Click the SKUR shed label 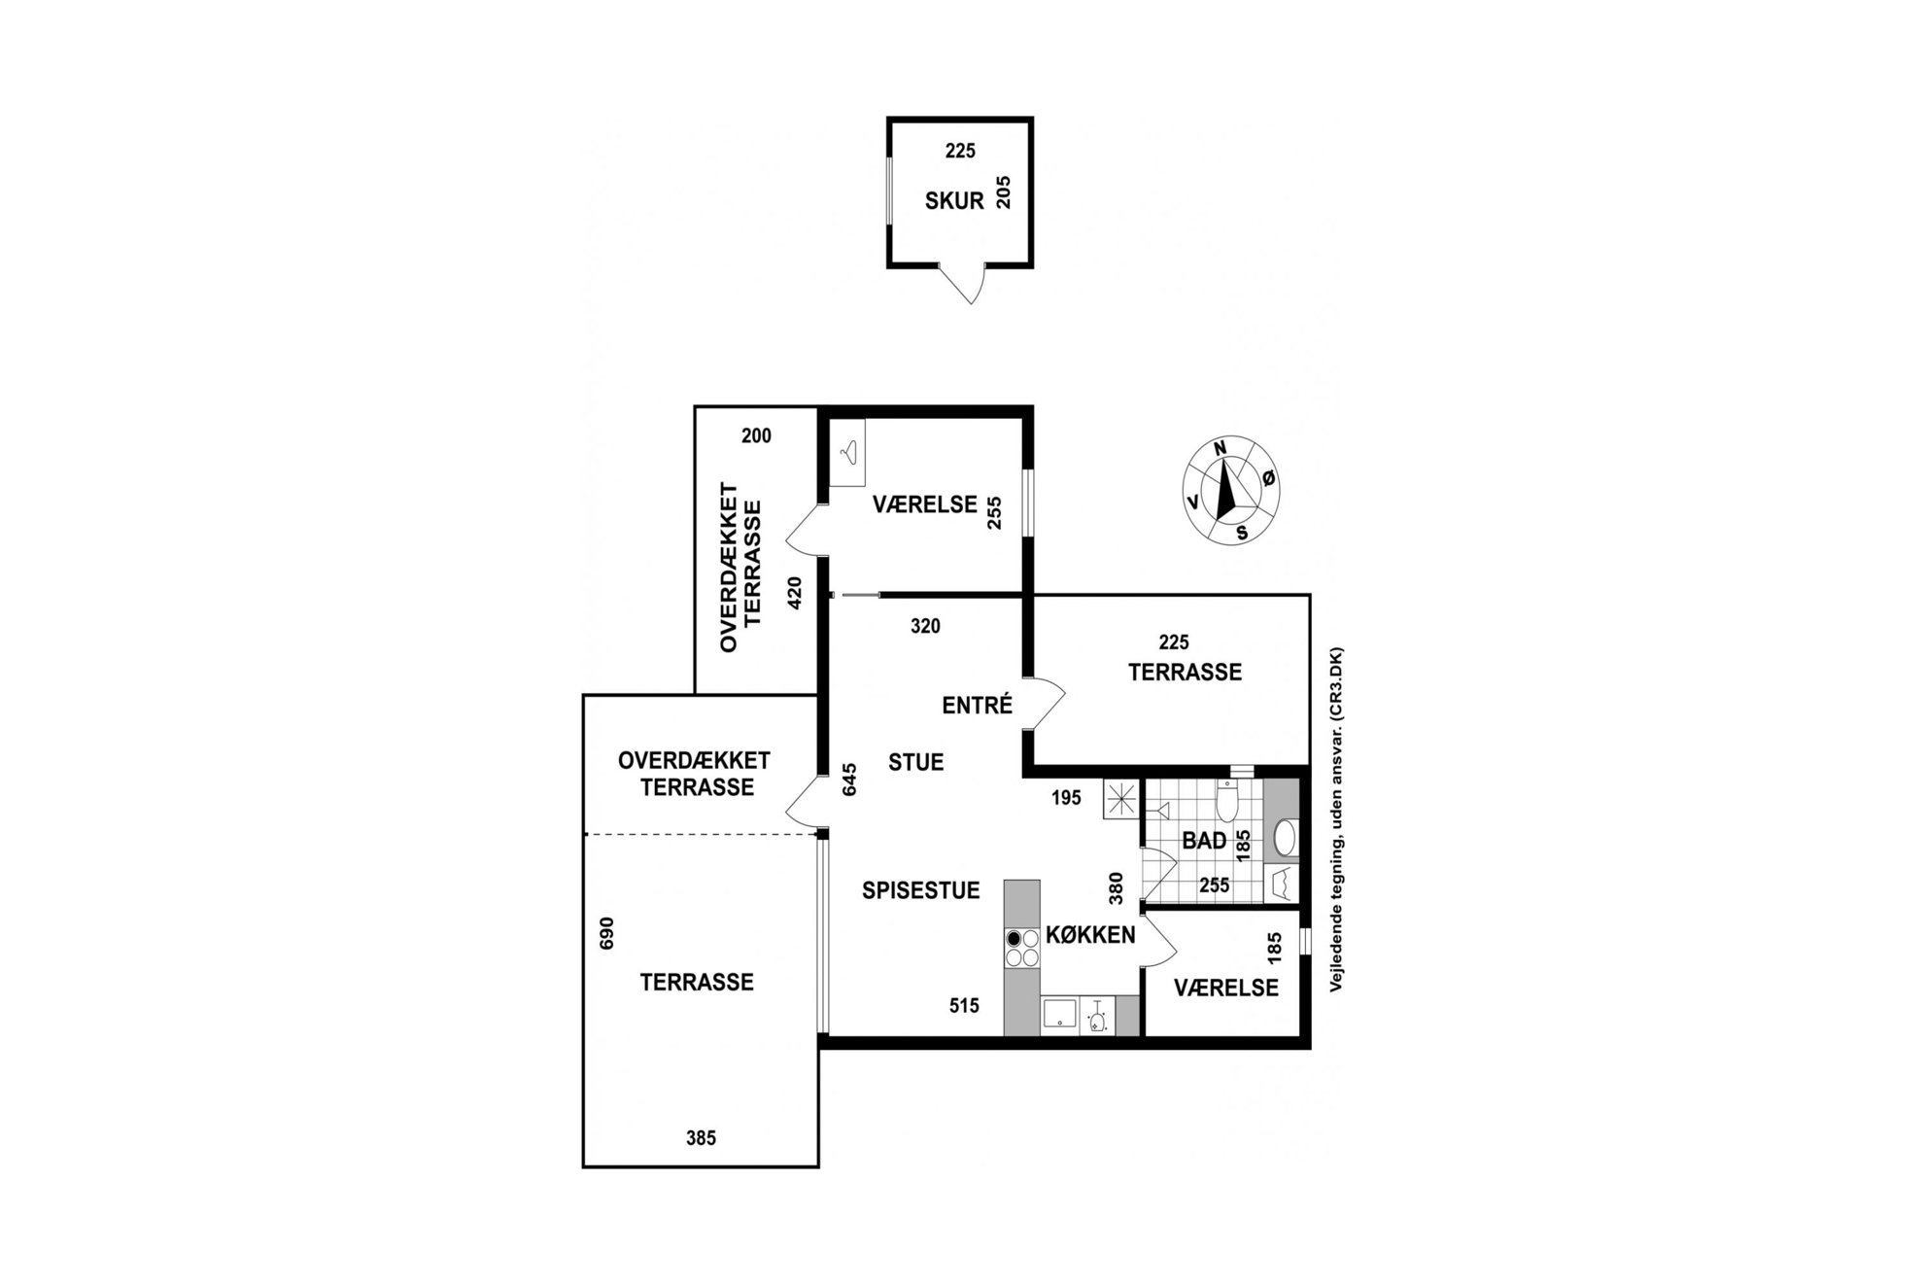[x=954, y=201]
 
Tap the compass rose [x=1230, y=490]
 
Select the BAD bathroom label [x=1204, y=841]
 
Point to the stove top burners [x=1021, y=949]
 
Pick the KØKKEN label [x=1090, y=935]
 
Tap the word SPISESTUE [x=920, y=890]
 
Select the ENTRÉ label [x=977, y=706]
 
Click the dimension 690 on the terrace [x=607, y=933]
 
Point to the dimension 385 [x=701, y=1137]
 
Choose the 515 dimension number [x=964, y=1006]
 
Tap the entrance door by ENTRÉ [x=1046, y=703]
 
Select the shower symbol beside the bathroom [x=1120, y=800]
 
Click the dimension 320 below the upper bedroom [x=925, y=627]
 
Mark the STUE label [x=915, y=762]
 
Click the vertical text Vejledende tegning [x=1336, y=819]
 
